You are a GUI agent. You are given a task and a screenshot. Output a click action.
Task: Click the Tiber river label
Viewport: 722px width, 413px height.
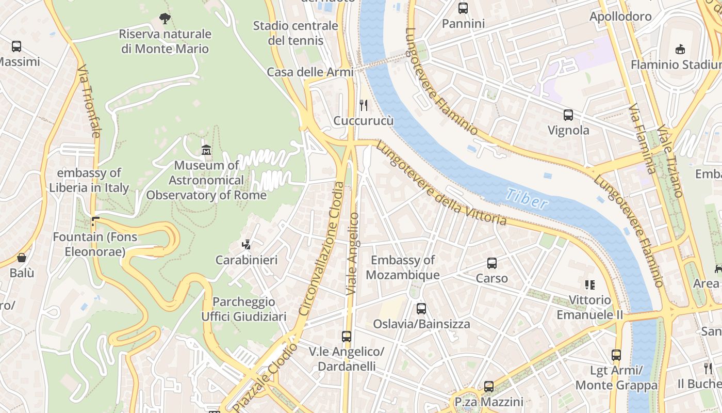point(527,198)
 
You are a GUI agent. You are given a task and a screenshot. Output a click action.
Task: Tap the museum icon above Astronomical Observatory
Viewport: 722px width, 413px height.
point(206,150)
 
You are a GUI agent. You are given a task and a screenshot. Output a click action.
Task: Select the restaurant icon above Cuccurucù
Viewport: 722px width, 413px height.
point(364,105)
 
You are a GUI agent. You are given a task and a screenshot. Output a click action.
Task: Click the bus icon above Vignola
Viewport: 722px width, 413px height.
point(568,115)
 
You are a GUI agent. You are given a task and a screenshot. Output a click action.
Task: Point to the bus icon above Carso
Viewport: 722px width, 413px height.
point(492,263)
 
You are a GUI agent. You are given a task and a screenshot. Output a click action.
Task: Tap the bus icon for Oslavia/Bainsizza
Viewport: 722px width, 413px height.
point(421,309)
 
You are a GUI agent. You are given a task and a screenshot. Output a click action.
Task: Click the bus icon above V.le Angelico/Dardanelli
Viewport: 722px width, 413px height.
point(347,337)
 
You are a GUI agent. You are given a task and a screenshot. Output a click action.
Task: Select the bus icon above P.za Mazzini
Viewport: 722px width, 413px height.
point(489,386)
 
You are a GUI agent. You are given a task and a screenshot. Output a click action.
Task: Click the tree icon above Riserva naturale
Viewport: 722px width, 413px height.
point(165,19)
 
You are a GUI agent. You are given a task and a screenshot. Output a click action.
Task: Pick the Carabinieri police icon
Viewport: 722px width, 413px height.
point(247,245)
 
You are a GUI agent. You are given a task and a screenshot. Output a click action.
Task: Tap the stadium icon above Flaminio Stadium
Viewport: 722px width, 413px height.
point(680,50)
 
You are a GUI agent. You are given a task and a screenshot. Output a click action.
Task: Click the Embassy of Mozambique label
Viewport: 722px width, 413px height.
point(403,267)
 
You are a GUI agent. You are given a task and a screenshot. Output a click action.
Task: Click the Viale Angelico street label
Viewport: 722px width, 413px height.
point(353,254)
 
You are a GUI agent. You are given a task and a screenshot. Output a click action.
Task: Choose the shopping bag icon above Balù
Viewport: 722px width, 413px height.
point(22,257)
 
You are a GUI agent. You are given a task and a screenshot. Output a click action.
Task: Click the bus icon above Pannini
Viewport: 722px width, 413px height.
point(463,8)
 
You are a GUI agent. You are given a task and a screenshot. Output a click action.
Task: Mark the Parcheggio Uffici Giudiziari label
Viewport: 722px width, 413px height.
point(243,309)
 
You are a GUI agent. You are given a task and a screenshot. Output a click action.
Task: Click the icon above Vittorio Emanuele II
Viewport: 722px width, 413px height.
point(590,284)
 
